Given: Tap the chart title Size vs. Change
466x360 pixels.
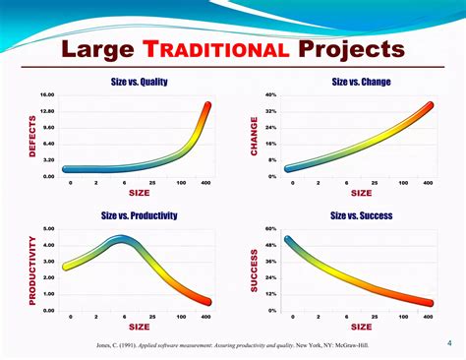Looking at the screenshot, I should (361, 83).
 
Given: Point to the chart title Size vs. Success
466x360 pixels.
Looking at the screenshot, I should (362, 215).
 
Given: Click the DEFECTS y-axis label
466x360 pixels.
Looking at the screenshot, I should (18, 137).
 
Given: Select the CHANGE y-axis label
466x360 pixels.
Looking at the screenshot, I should (254, 137).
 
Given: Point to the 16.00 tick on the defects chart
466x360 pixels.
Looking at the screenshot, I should (47, 95).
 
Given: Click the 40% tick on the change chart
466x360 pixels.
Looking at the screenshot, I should (270, 95).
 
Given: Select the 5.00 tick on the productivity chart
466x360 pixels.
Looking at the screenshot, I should (48, 229).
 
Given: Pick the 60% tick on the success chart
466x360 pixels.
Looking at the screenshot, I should (270, 229).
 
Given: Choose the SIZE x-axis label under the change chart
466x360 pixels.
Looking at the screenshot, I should (362, 193).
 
